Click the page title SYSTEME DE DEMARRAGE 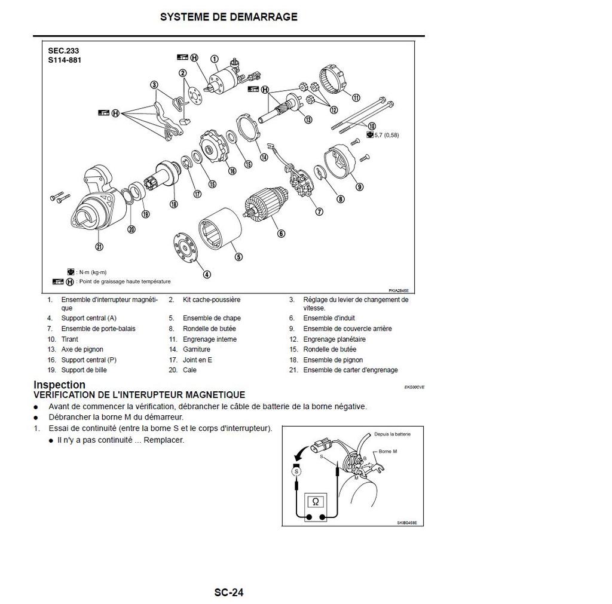click(228, 17)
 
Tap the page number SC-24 click(229, 593)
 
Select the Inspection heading click(59, 385)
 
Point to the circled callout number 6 click(281, 234)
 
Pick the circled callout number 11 click(356, 97)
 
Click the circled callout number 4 click(207, 275)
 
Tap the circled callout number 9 click(359, 186)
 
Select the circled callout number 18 click(174, 204)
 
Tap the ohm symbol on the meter click(315, 502)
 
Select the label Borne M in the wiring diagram click(388, 452)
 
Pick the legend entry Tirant click(70, 339)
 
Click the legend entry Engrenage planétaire click(334, 339)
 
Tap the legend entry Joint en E click(197, 360)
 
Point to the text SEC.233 click(63, 51)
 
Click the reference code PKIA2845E click(398, 290)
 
